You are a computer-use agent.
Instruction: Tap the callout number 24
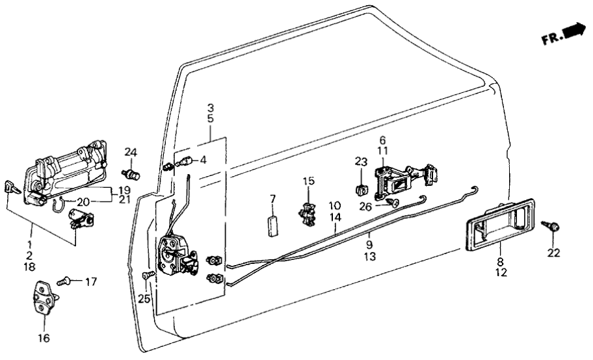(x=131, y=153)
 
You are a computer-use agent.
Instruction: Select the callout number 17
(x=90, y=281)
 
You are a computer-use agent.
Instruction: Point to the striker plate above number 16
(x=45, y=298)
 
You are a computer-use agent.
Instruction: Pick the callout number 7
(x=273, y=198)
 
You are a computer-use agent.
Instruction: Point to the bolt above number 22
(x=554, y=227)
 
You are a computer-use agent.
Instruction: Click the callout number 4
(x=203, y=160)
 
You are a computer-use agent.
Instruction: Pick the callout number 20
(x=83, y=201)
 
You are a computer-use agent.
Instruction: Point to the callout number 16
(x=43, y=338)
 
